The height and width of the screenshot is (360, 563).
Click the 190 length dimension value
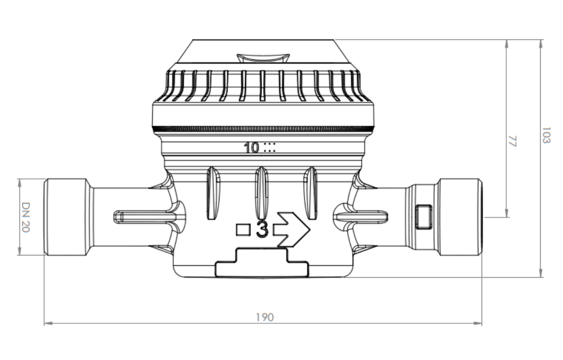point(265,317)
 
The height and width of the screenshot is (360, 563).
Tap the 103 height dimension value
point(546,135)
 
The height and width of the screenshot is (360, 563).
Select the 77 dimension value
point(512,141)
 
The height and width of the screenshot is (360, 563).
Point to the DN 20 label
point(26,217)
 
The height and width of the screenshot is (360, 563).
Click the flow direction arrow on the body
point(291,230)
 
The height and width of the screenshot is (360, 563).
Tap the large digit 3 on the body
point(262,229)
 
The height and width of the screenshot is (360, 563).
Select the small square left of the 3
point(243,230)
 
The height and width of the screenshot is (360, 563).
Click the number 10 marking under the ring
point(251,148)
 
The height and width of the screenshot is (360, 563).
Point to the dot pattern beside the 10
point(270,147)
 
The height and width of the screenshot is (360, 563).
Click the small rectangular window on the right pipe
point(424,216)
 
